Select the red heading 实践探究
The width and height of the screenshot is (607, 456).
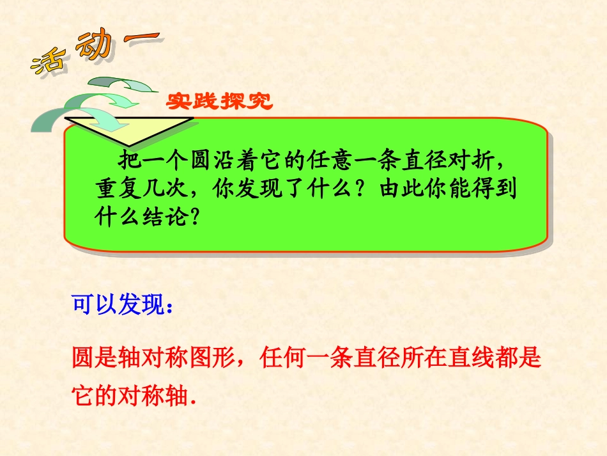tap(219, 102)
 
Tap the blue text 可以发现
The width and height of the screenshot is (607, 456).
tap(118, 305)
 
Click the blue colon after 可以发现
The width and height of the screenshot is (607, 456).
tap(169, 306)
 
